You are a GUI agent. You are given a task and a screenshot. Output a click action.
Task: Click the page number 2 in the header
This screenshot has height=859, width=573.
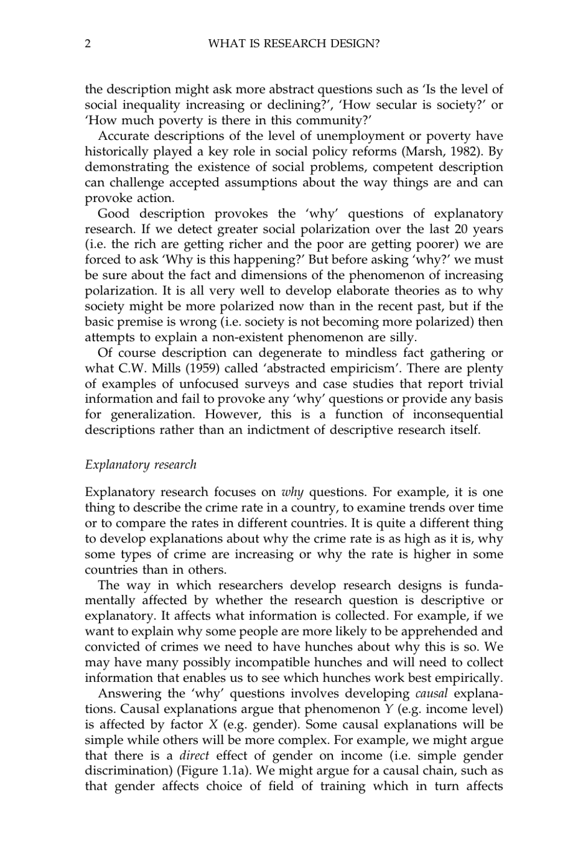[88, 44]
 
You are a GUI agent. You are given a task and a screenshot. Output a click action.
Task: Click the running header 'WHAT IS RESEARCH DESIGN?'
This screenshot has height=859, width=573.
[293, 44]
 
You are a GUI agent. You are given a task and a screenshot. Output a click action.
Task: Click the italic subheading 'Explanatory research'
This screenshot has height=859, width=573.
[141, 465]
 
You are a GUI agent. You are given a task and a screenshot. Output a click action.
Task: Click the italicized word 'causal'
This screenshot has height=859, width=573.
[432, 694]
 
